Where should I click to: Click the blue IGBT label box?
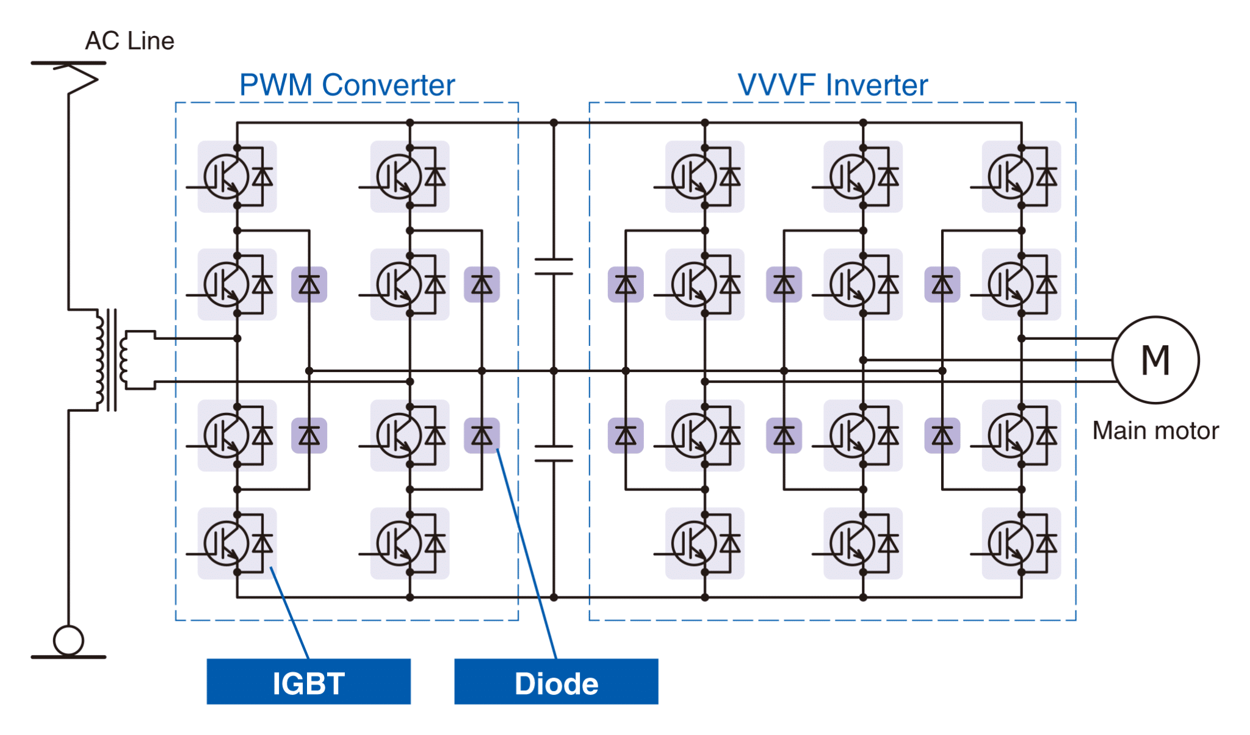click(308, 681)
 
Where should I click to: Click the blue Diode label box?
click(556, 681)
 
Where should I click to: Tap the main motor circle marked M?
click(1155, 360)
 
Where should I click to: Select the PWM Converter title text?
click(347, 85)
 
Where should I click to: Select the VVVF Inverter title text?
click(833, 85)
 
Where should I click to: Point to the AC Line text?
click(129, 41)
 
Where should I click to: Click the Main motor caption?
click(1155, 431)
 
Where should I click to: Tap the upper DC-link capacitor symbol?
click(554, 267)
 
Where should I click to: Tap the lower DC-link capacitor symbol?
click(554, 453)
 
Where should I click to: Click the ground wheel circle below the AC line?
click(68, 640)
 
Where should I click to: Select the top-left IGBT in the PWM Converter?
click(237, 177)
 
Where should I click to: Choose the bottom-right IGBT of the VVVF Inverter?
click(1021, 543)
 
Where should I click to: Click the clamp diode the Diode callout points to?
click(482, 436)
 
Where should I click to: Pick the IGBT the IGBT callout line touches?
click(237, 543)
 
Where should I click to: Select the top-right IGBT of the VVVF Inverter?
click(1021, 177)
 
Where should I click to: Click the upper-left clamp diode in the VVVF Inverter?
click(626, 284)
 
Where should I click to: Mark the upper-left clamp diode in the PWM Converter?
click(309, 284)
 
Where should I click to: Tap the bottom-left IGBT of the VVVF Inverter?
click(704, 543)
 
